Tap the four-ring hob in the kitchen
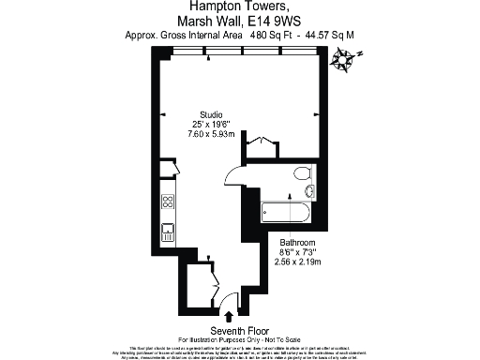(x=168, y=202)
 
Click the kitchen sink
(x=168, y=230)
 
